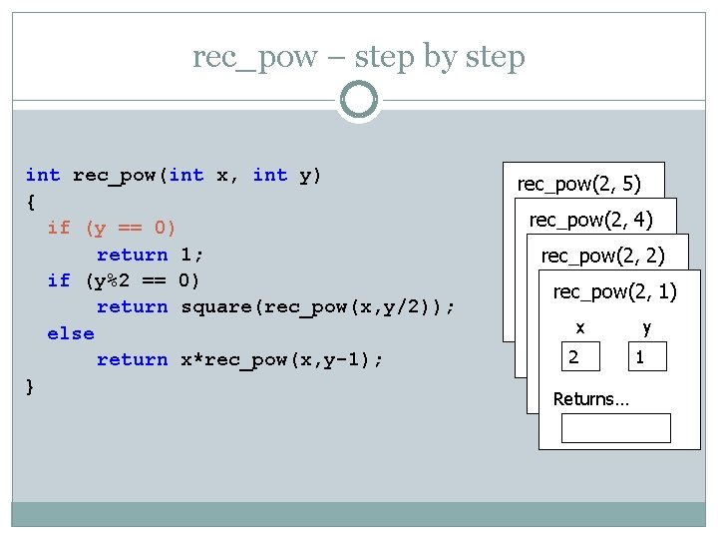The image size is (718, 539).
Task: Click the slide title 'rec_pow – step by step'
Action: tap(359, 57)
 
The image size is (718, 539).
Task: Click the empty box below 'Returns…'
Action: tap(615, 427)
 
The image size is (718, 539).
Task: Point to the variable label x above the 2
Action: tap(580, 327)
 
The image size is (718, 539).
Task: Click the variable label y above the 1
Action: tap(647, 327)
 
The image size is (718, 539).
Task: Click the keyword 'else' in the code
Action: tap(70, 333)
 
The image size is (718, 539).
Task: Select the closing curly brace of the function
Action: tap(30, 386)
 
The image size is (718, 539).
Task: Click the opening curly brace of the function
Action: tap(30, 202)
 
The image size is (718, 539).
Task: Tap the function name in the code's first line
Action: tap(115, 176)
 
